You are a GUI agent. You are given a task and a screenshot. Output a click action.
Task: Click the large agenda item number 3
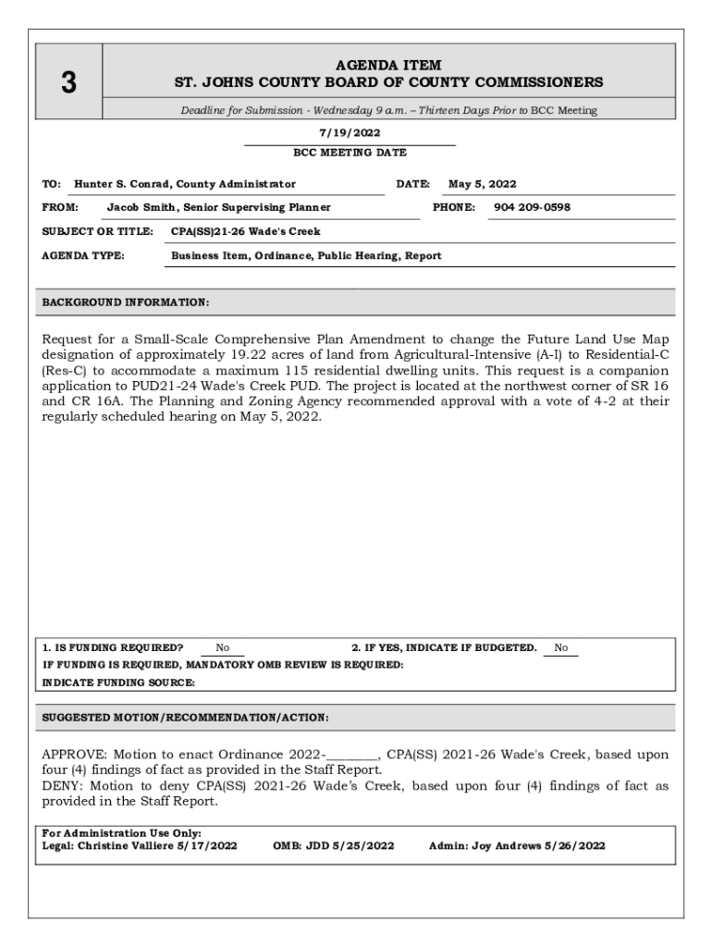(x=68, y=83)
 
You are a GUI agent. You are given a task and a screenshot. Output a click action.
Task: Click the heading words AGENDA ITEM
(x=388, y=65)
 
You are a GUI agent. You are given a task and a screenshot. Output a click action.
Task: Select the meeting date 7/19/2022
(x=350, y=133)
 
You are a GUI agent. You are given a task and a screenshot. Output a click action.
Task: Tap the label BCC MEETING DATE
(x=350, y=153)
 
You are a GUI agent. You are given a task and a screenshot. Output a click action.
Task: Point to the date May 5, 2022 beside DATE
(x=482, y=184)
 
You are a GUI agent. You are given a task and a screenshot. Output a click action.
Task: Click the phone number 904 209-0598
(x=532, y=207)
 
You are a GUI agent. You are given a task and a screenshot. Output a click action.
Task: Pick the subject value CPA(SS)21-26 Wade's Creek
(x=246, y=231)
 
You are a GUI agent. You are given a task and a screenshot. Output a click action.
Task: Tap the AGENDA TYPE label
(x=84, y=255)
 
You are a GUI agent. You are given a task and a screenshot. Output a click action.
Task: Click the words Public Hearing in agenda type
(x=357, y=255)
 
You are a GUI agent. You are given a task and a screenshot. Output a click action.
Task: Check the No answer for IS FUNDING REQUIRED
(x=223, y=648)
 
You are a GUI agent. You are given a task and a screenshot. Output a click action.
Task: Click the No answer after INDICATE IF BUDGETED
(x=561, y=648)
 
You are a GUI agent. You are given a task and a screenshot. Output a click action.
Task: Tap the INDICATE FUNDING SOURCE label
(x=119, y=683)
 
